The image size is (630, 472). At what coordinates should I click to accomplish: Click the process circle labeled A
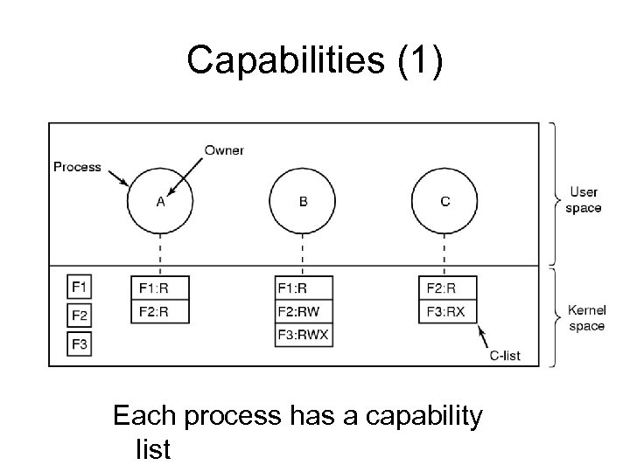point(160,202)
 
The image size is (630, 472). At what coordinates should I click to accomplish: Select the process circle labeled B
point(303,202)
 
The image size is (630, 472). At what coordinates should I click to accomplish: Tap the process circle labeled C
point(445,202)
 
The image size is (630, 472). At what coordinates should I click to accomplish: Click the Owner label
point(224,150)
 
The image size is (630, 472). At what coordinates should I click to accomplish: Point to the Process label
point(77,166)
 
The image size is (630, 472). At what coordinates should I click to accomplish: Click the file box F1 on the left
point(80,287)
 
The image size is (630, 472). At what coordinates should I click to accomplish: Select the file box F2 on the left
point(80,316)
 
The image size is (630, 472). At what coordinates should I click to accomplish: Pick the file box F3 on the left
point(80,344)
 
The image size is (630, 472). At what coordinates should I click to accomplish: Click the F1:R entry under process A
point(160,288)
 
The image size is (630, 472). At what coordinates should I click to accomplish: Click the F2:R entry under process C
point(445,288)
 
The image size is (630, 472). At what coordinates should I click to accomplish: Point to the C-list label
point(504,355)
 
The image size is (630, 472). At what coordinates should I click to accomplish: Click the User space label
point(584,200)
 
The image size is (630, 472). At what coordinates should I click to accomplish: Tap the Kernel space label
point(585,318)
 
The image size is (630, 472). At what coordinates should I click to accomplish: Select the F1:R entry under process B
point(303,288)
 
